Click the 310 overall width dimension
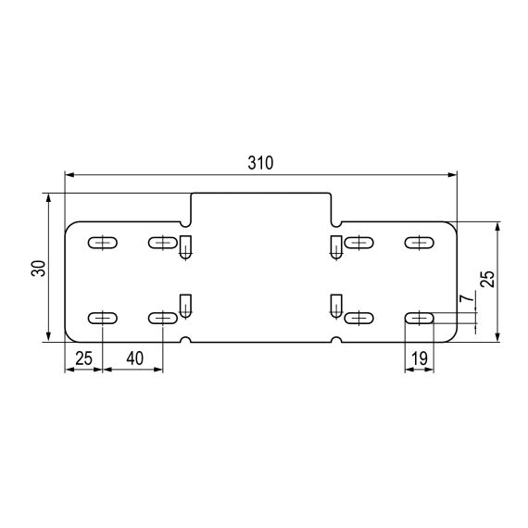pyautogui.click(x=260, y=163)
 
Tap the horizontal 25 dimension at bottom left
pyautogui.click(x=83, y=358)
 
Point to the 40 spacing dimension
pyautogui.click(x=132, y=358)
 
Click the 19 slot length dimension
pyautogui.click(x=419, y=358)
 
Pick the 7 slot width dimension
pyautogui.click(x=469, y=297)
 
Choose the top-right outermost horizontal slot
pyautogui.click(x=419, y=244)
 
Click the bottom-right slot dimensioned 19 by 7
pyautogui.click(x=419, y=318)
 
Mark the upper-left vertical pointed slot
pyautogui.click(x=185, y=246)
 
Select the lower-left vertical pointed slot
pyautogui.click(x=185, y=305)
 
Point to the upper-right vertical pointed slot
pyautogui.click(x=335, y=246)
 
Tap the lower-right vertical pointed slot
pyautogui.click(x=335, y=305)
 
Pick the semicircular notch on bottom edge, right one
pyautogui.click(x=335, y=340)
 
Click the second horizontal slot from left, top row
pyautogui.click(x=162, y=244)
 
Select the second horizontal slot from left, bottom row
pyautogui.click(x=162, y=318)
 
